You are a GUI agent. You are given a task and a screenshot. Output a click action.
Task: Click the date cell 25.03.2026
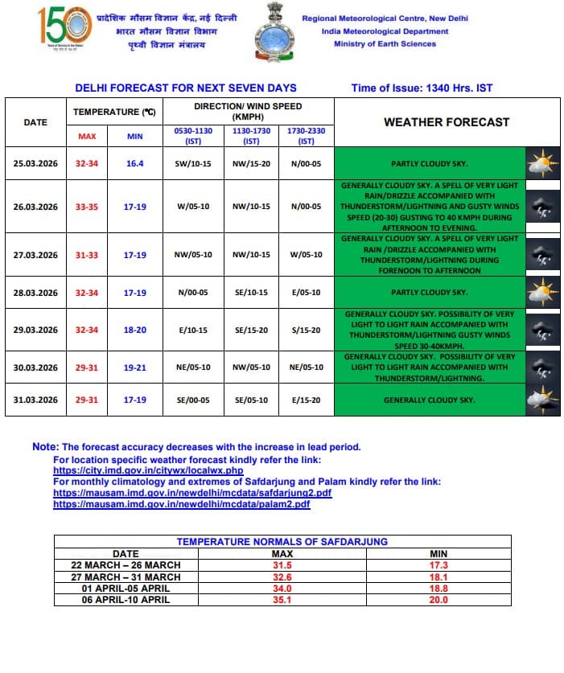click(35, 162)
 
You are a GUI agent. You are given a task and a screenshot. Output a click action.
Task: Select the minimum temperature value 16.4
click(134, 162)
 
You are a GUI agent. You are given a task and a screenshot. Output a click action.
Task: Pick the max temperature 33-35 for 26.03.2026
click(87, 207)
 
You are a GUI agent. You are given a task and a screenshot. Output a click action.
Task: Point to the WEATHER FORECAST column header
click(446, 122)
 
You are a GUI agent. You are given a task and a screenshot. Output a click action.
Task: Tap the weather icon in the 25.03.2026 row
click(541, 163)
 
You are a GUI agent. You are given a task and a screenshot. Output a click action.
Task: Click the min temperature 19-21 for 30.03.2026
click(134, 367)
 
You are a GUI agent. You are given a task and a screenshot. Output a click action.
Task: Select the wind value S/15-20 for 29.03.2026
click(306, 330)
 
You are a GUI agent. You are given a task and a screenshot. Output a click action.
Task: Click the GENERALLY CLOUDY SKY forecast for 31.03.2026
click(429, 400)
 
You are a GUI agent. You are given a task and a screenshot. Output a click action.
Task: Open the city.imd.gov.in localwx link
click(148, 470)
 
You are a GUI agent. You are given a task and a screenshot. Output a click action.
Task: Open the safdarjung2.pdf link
click(192, 492)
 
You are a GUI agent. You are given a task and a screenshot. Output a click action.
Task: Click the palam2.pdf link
click(181, 503)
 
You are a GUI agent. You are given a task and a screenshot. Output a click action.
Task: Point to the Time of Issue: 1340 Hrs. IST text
click(422, 88)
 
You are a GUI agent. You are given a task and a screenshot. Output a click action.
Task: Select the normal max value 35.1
click(281, 600)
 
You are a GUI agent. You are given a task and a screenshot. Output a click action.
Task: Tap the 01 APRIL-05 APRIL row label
click(126, 588)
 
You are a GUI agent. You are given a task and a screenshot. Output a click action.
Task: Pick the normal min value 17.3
click(438, 565)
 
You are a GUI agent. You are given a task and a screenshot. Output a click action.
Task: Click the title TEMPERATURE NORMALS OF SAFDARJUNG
click(282, 542)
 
